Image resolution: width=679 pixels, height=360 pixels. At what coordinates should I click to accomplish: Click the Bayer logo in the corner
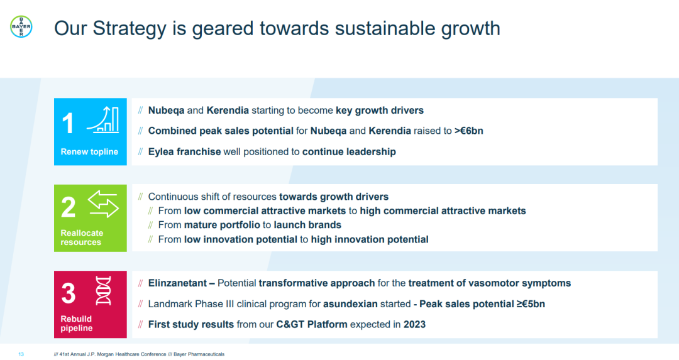[x=21, y=26]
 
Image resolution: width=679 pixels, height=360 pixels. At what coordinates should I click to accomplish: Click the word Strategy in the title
[x=130, y=29]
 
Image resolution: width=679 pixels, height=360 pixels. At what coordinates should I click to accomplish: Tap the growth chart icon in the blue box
[x=103, y=119]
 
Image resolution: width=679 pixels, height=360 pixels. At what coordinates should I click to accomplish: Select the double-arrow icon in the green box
[x=103, y=204]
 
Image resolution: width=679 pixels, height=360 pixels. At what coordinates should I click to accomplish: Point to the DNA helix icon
[x=103, y=291]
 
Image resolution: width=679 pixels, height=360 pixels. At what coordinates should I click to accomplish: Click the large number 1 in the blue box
[x=68, y=123]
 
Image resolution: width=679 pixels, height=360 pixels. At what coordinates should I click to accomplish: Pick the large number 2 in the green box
[x=69, y=207]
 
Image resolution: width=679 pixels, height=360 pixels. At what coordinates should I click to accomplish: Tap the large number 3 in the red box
[x=69, y=293]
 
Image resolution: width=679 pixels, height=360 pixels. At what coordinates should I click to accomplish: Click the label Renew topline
[x=89, y=151]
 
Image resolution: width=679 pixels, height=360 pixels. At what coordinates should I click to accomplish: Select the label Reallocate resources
[x=82, y=237]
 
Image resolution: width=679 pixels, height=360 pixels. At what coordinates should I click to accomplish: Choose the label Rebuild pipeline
[x=76, y=323]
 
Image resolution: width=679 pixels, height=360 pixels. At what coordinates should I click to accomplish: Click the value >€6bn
[x=468, y=131]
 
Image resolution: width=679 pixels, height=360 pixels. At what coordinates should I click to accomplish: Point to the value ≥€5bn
[x=531, y=303]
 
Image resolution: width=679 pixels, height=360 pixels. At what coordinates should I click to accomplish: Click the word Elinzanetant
[x=177, y=283]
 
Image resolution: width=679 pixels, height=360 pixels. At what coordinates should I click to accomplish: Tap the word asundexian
[x=350, y=303]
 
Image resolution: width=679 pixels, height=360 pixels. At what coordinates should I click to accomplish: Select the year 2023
[x=414, y=325]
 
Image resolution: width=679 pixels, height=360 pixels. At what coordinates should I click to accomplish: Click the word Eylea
[x=161, y=152]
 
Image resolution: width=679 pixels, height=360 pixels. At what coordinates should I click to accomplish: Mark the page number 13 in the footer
[x=21, y=354]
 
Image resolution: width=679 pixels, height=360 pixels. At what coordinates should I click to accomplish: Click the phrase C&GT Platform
[x=312, y=325]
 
